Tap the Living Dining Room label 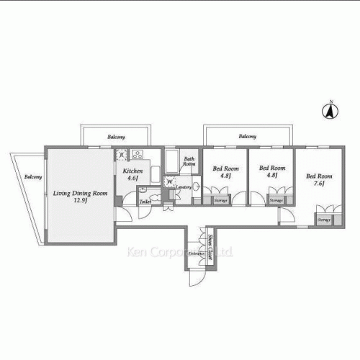point(80,193)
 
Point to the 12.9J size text point(80,202)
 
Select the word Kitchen point(132,171)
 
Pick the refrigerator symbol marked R point(122,154)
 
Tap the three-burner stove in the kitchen point(137,154)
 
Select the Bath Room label point(189,161)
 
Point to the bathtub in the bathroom point(172,162)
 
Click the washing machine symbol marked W point(169,181)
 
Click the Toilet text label point(145,202)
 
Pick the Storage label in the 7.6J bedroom point(324,219)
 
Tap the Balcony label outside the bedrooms point(247,136)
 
